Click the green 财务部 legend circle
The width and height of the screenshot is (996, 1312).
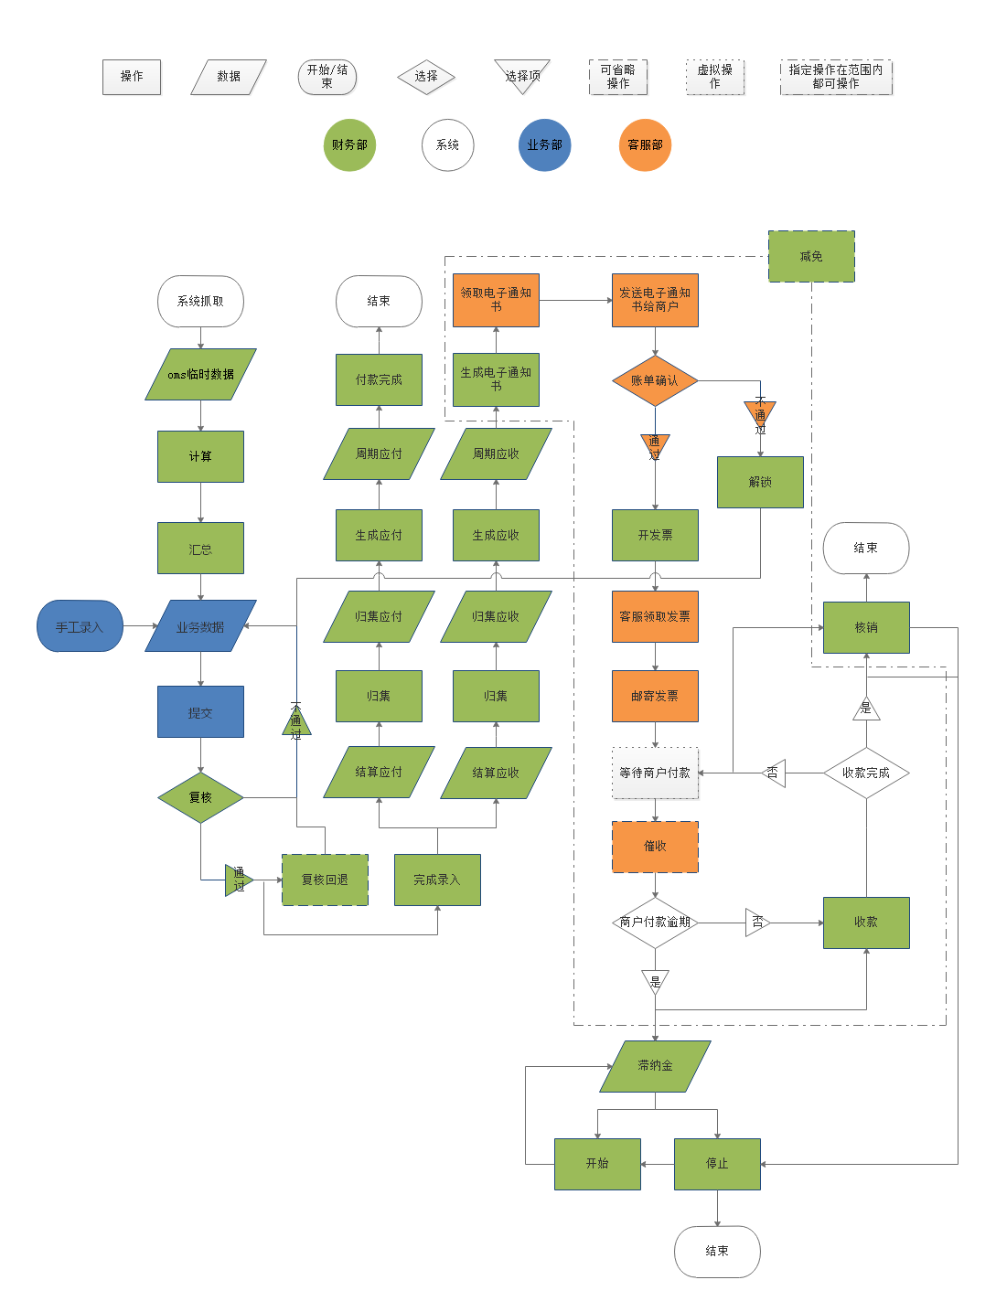pyautogui.click(x=349, y=145)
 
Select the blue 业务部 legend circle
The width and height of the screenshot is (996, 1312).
pyautogui.click(x=544, y=145)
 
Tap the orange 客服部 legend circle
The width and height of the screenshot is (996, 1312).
pyautogui.click(x=645, y=145)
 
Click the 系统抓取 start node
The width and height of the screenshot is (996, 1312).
pyautogui.click(x=200, y=302)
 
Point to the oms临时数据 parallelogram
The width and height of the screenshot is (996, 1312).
pyautogui.click(x=200, y=375)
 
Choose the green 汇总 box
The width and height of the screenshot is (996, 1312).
pyautogui.click(x=200, y=549)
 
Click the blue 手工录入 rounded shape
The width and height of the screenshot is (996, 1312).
pyautogui.click(x=80, y=627)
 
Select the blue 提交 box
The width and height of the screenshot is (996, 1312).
pyautogui.click(x=200, y=712)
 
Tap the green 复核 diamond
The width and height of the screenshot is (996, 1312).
pyautogui.click(x=200, y=798)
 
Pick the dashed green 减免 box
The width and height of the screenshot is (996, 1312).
pyautogui.click(x=811, y=257)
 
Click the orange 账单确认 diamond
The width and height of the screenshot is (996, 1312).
pyautogui.click(x=655, y=381)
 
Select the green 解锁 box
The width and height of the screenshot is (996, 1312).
pyautogui.click(x=760, y=483)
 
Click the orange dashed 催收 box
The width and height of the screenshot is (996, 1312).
pyautogui.click(x=655, y=847)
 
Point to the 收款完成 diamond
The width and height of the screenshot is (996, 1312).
pyautogui.click(x=865, y=773)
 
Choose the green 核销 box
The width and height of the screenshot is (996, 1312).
pyautogui.click(x=866, y=628)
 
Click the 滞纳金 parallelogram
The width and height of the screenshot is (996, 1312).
pyautogui.click(x=655, y=1066)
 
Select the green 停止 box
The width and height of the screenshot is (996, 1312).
pyautogui.click(x=717, y=1164)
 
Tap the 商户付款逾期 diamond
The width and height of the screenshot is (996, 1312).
pyautogui.click(x=655, y=923)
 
